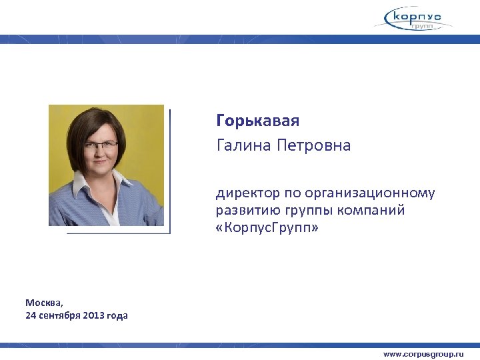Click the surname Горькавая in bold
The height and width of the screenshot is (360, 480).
(258, 121)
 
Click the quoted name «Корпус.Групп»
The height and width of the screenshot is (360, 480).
(267, 228)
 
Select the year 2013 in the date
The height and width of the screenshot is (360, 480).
(95, 315)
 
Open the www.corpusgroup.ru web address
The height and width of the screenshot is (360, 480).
(423, 354)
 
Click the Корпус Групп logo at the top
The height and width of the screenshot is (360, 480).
(413, 18)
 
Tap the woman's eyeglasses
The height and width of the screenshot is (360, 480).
(100, 145)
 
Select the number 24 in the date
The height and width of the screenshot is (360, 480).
(31, 315)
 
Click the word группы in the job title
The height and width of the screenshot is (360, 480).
(297, 211)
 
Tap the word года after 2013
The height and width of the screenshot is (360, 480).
(117, 315)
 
